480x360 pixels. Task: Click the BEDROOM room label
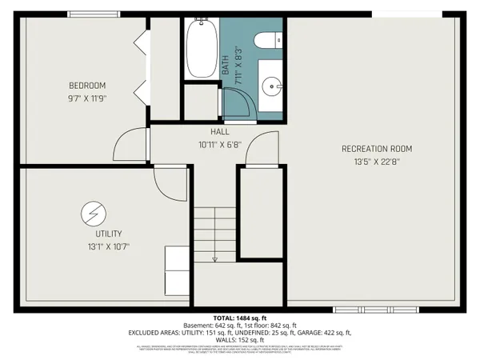[x=86, y=86]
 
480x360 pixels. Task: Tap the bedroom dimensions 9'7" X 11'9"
[x=86, y=100]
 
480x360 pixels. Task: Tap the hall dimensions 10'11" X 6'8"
[x=220, y=146]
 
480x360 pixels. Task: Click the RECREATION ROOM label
[x=376, y=148]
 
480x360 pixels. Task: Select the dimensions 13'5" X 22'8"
[x=376, y=162]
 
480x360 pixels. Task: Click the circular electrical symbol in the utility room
[x=93, y=213]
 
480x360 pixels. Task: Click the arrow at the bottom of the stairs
[x=214, y=258]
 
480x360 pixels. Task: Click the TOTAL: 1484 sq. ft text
[x=239, y=317]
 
